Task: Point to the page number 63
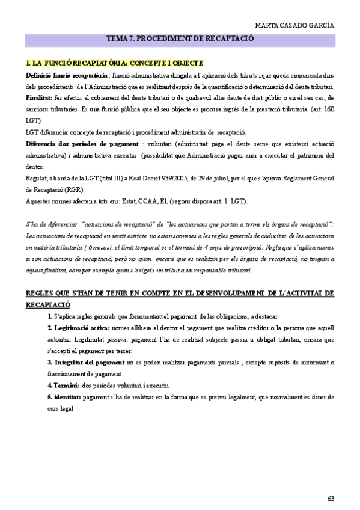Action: click(331, 498)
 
